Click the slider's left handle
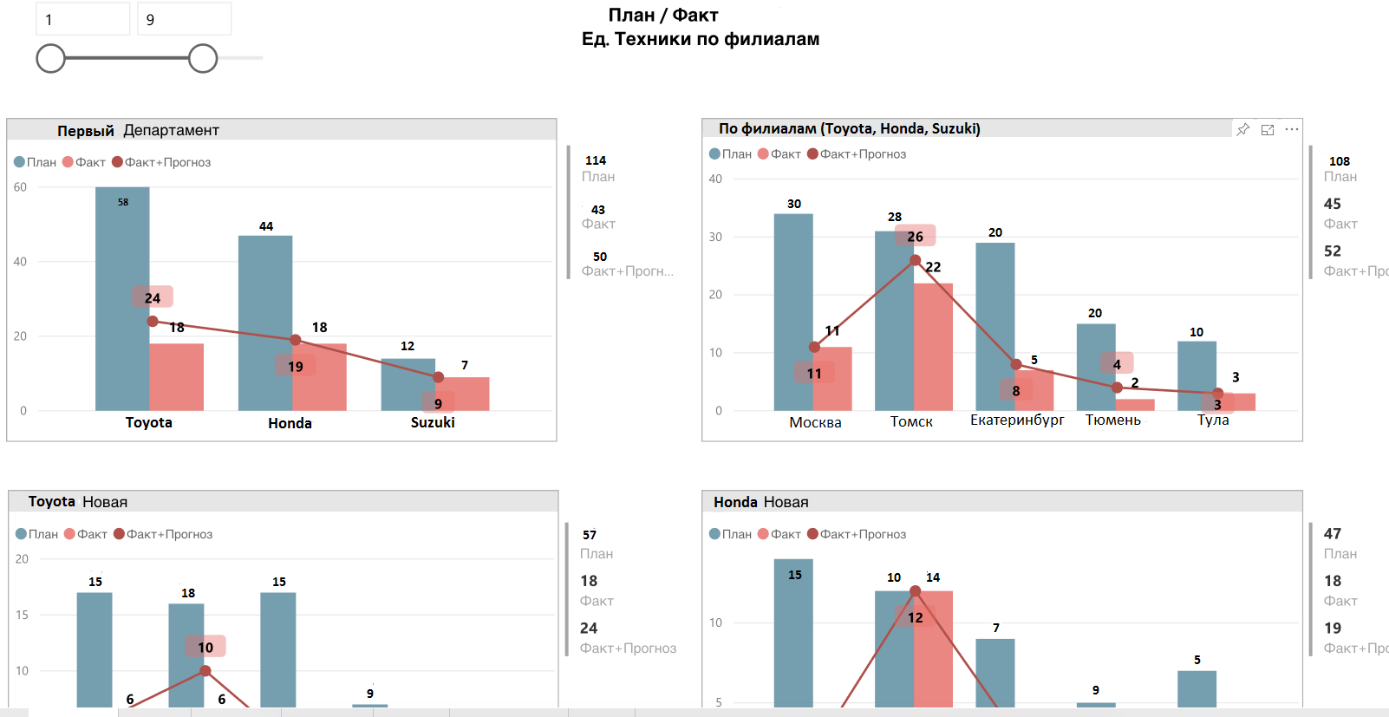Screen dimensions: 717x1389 click(51, 59)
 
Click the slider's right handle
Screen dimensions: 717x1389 click(203, 59)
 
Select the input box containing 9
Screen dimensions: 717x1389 click(184, 19)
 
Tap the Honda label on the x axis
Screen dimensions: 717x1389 click(290, 423)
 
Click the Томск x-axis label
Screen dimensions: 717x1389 click(911, 421)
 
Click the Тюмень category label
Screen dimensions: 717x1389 click(1112, 420)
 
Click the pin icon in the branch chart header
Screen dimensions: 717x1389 click(1243, 129)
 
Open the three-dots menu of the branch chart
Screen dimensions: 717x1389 click(1292, 129)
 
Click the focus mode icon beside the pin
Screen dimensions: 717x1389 click(1268, 129)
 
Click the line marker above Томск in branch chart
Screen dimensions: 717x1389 click(916, 260)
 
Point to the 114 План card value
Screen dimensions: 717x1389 click(596, 160)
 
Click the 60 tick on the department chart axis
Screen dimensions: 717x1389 click(20, 187)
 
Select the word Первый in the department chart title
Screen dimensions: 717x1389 click(86, 131)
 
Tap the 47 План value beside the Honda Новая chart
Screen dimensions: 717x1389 click(1333, 534)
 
